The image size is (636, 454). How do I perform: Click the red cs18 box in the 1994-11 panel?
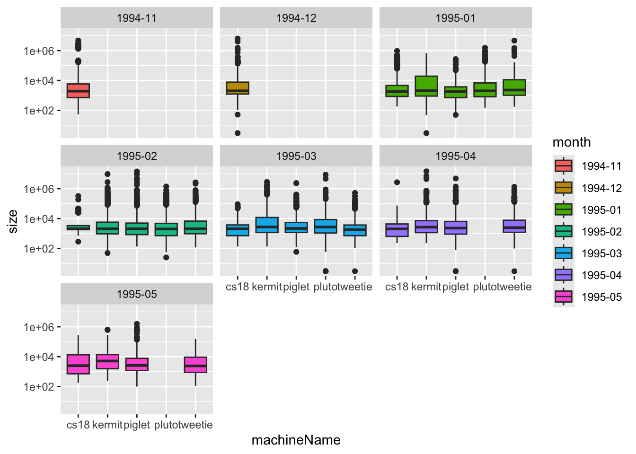click(78, 90)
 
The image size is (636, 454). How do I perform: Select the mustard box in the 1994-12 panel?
click(238, 88)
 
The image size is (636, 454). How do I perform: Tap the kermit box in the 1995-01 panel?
click(426, 86)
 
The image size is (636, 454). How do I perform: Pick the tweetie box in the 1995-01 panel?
click(514, 87)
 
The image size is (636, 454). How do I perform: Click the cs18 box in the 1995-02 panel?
click(78, 227)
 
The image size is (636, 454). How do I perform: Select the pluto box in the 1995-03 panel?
click(326, 226)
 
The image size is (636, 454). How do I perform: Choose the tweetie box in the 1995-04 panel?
click(514, 226)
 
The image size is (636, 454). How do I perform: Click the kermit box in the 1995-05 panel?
click(107, 362)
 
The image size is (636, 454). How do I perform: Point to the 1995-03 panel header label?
click(296, 156)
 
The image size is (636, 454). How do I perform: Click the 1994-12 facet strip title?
click(296, 18)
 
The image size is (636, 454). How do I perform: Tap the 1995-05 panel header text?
click(137, 294)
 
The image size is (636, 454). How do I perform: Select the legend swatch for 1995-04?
click(564, 275)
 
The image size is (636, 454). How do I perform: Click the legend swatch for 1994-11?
click(564, 166)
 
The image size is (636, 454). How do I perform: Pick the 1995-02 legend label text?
click(601, 232)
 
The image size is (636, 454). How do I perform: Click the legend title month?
click(572, 142)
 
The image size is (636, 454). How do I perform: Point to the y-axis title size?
click(13, 221)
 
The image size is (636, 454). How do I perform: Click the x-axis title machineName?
click(296, 440)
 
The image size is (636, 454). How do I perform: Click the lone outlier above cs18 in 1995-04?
click(397, 182)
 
